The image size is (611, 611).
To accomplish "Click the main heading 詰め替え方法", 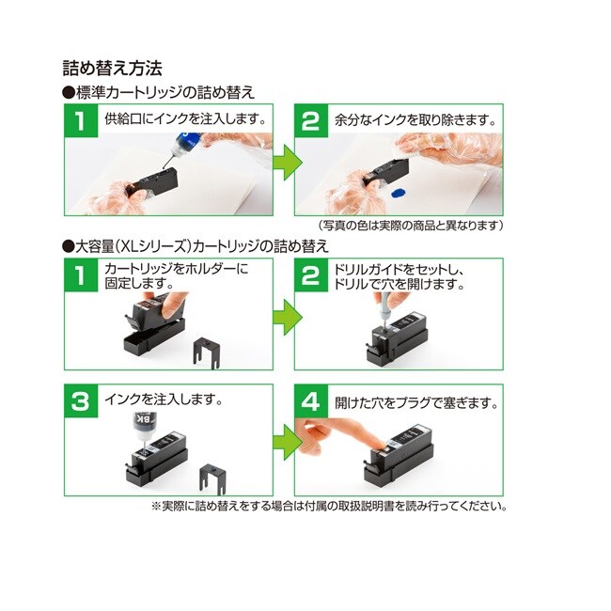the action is tap(112, 69).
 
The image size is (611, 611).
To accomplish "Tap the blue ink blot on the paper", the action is tap(398, 192).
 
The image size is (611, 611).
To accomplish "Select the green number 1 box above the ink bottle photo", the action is tap(81, 120).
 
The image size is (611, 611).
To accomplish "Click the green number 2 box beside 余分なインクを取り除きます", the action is tap(310, 120).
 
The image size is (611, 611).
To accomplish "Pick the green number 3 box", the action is tap(81, 401).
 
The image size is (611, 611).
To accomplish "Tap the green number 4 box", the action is tap(310, 401).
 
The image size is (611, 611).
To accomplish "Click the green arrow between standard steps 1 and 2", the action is tap(287, 162).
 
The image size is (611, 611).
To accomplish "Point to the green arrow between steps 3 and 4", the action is tap(287, 442).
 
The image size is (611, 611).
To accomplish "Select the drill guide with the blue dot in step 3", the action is tap(212, 478).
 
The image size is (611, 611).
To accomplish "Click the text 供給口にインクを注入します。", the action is tap(186, 118).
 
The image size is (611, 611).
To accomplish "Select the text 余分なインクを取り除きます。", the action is tap(416, 119).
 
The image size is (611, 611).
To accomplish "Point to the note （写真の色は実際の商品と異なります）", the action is tap(410, 226).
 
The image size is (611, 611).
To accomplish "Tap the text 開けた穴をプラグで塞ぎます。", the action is tap(416, 403).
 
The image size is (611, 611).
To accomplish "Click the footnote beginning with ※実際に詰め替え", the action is tap(330, 506).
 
